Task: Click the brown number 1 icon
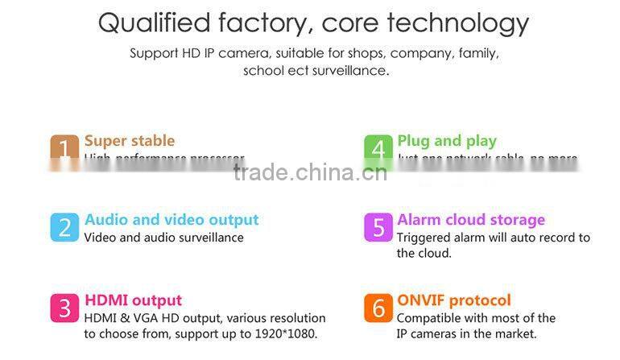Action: [64, 149]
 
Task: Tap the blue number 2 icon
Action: [64, 227]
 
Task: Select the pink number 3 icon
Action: [64, 308]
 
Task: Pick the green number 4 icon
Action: [378, 149]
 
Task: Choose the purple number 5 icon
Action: [378, 227]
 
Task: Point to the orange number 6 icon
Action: [378, 308]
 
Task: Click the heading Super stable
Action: [129, 141]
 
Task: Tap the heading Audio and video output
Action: [172, 220]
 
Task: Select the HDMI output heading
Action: [133, 300]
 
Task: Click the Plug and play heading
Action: [446, 141]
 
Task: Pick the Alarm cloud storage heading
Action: [470, 220]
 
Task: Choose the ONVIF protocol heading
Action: [453, 300]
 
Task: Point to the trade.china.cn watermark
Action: [310, 172]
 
